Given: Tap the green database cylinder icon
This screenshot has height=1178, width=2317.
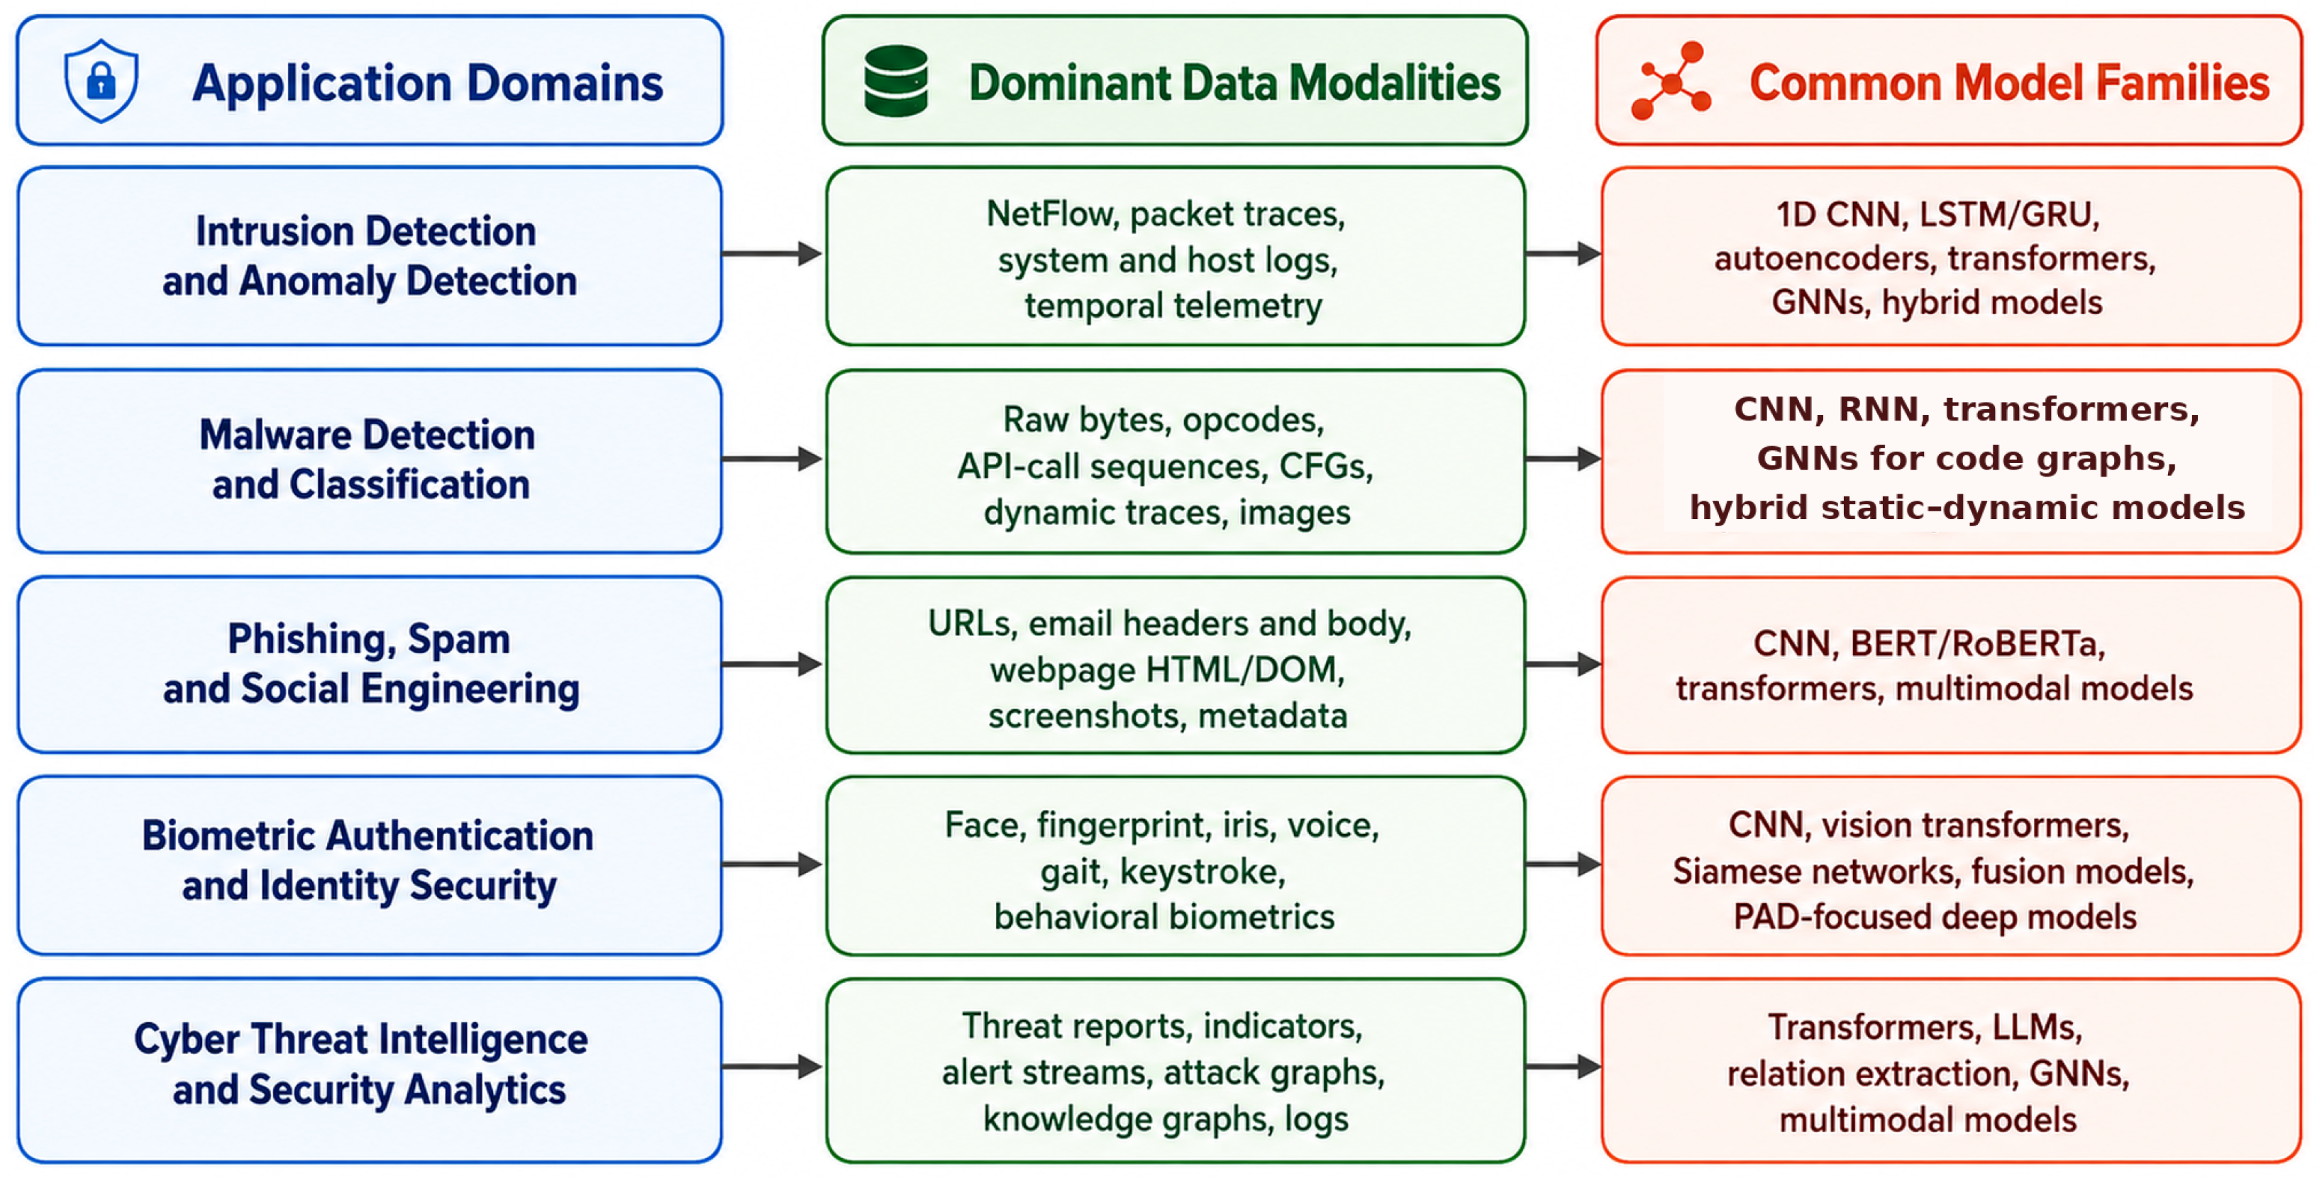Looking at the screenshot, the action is (896, 81).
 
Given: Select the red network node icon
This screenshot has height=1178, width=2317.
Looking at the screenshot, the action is (1670, 81).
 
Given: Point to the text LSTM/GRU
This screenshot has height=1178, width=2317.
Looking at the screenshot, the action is (2009, 215).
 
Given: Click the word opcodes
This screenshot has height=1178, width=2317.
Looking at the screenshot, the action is (1253, 420).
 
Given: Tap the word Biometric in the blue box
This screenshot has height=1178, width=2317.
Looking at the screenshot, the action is (228, 835).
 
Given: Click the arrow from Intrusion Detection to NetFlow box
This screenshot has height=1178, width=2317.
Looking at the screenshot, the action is (772, 254).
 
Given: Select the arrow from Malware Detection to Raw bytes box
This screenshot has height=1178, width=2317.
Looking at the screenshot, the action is (772, 459).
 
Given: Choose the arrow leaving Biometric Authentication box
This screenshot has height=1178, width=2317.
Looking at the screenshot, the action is (772, 865).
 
